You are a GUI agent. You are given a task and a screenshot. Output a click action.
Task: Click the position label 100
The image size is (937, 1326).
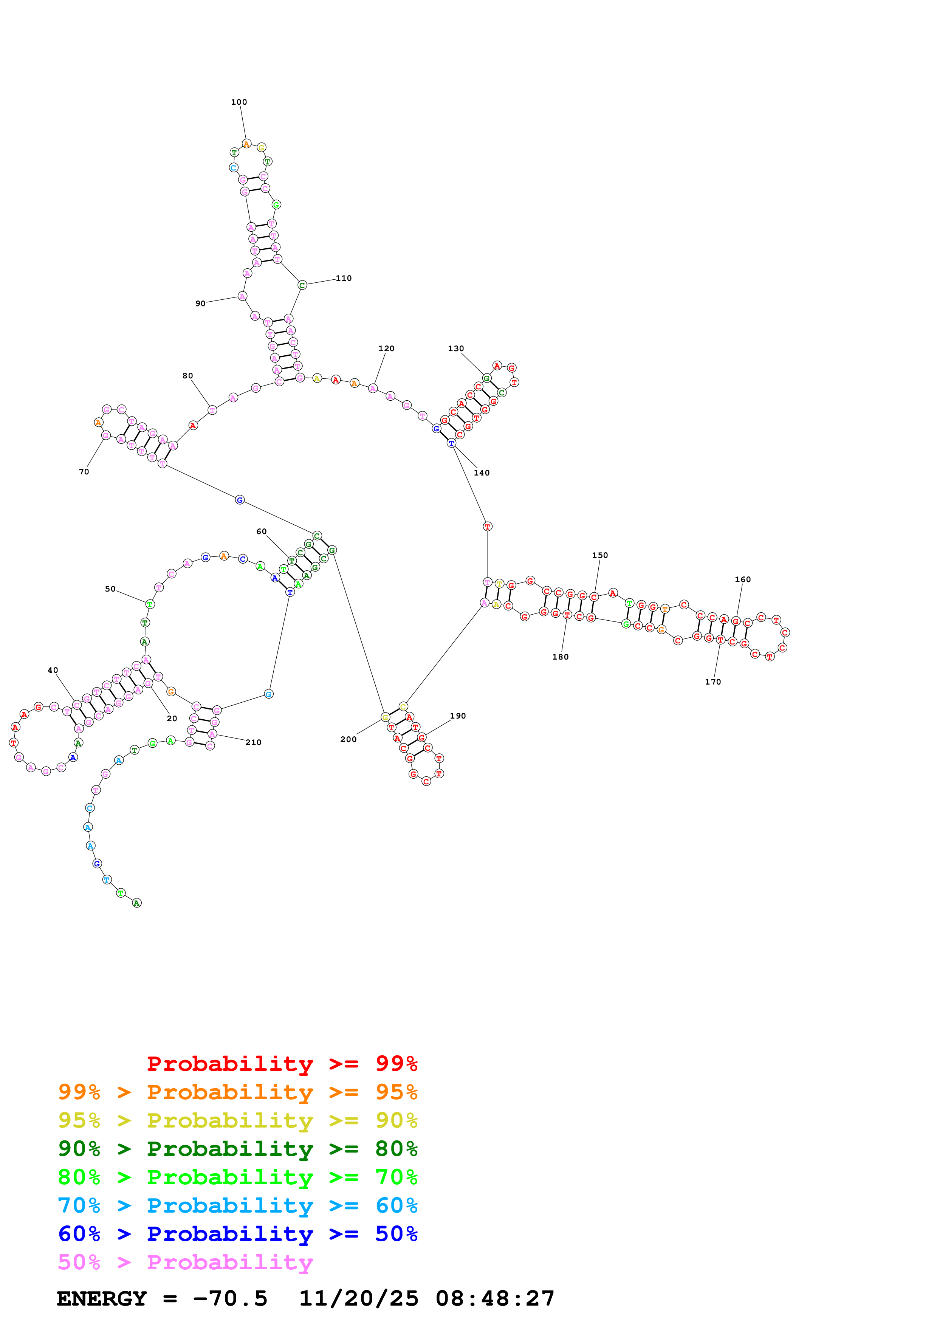[239, 102]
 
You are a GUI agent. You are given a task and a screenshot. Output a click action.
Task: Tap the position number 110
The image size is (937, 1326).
[344, 278]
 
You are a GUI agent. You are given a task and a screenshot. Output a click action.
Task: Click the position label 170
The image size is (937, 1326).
[712, 682]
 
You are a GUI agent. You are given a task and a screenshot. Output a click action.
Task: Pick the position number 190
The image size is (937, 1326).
[457, 716]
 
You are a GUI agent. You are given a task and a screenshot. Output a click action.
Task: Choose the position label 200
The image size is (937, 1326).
[348, 740]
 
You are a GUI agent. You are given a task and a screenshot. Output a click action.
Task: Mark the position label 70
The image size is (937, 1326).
[84, 472]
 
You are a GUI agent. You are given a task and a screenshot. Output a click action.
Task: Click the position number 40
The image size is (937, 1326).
[53, 671]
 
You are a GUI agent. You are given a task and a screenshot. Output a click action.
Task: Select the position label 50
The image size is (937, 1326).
[110, 589]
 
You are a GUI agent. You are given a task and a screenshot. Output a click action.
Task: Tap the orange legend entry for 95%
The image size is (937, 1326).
[238, 1092]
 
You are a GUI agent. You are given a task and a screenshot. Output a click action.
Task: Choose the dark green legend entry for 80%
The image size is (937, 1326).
[238, 1149]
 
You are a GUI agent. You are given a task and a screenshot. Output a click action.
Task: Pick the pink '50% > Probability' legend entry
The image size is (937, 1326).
[185, 1262]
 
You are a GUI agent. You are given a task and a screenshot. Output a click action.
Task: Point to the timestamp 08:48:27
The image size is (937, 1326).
[495, 1298]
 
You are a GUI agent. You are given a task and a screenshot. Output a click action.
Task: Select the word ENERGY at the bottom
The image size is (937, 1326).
[102, 1298]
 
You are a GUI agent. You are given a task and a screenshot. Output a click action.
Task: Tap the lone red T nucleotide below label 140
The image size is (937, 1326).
[487, 527]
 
